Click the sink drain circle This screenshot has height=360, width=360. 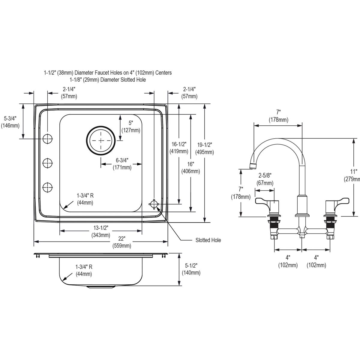(x=101, y=140)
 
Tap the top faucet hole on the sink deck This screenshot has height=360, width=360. (x=47, y=139)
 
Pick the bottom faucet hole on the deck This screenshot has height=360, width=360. (x=47, y=187)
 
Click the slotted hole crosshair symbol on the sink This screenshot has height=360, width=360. (x=154, y=204)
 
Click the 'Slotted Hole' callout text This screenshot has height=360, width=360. (x=208, y=240)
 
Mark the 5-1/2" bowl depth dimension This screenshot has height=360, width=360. (x=191, y=269)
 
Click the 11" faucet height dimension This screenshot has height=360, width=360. (x=354, y=175)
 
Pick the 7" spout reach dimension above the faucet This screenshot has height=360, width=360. (x=278, y=116)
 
